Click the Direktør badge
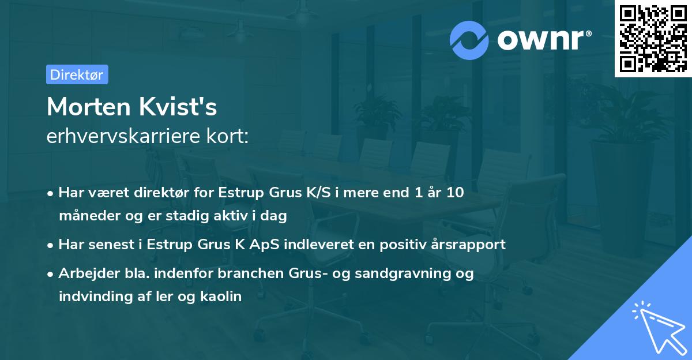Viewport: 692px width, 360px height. coord(77,74)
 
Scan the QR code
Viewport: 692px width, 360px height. coord(653,38)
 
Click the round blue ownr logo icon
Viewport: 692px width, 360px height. coord(469,40)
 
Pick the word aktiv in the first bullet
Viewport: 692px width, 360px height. coord(235,216)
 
